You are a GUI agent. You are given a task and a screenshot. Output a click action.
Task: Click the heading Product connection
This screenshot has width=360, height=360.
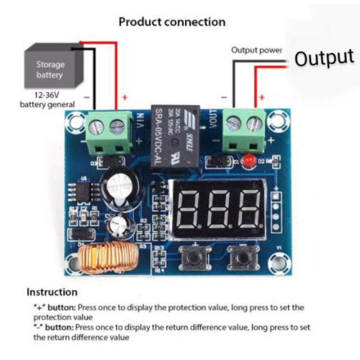(x=172, y=22)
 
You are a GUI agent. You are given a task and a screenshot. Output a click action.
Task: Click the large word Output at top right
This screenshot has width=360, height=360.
(x=324, y=58)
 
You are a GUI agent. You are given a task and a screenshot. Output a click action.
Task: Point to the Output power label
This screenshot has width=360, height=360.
(x=256, y=50)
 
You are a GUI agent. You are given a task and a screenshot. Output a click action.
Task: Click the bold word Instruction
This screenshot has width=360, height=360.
(x=52, y=292)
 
